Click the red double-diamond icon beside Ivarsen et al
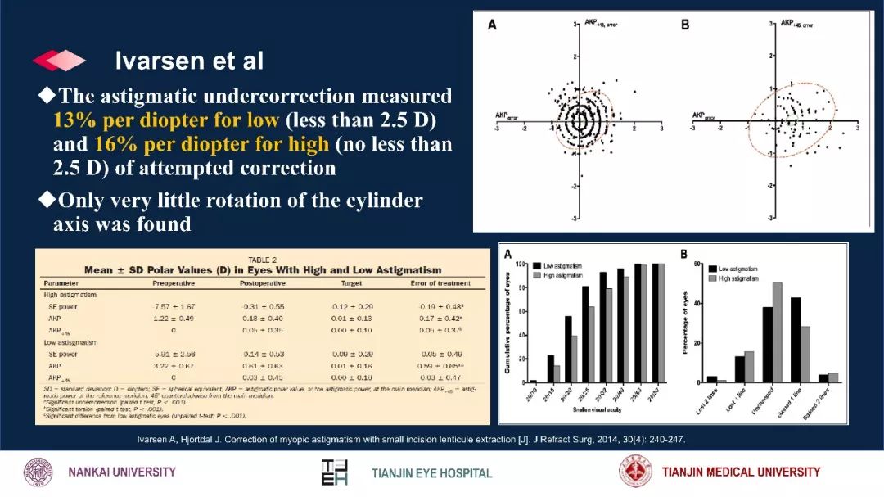click(58, 61)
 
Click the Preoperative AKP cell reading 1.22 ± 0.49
click(172, 317)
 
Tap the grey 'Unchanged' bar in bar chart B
click(777, 332)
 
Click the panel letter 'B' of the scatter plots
click(686, 25)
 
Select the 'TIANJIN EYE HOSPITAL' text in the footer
click(432, 473)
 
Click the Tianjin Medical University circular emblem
click(636, 472)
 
